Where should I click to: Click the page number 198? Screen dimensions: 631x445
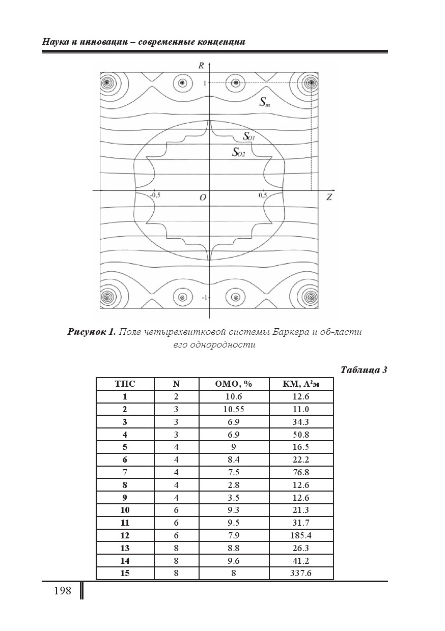(x=62, y=591)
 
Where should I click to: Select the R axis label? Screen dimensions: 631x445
(x=202, y=65)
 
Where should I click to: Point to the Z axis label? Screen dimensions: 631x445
(x=329, y=197)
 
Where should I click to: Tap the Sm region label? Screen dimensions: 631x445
(x=264, y=102)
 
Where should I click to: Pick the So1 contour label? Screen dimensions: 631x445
(x=248, y=136)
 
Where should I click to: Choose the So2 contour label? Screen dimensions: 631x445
(x=238, y=151)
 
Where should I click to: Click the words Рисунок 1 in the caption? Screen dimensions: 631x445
(x=91, y=332)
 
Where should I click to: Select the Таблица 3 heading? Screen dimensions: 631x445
(x=364, y=370)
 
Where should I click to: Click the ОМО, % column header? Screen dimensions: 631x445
(x=234, y=384)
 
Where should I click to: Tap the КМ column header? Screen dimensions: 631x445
(x=301, y=384)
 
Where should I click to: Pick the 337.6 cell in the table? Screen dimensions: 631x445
(x=301, y=573)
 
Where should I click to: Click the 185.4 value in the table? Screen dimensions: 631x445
(x=301, y=535)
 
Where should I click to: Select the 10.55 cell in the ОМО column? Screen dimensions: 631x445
(x=234, y=409)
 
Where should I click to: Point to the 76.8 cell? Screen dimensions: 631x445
(x=301, y=472)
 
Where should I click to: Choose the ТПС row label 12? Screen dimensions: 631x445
(x=125, y=535)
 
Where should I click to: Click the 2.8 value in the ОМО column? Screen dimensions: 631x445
(x=234, y=485)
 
